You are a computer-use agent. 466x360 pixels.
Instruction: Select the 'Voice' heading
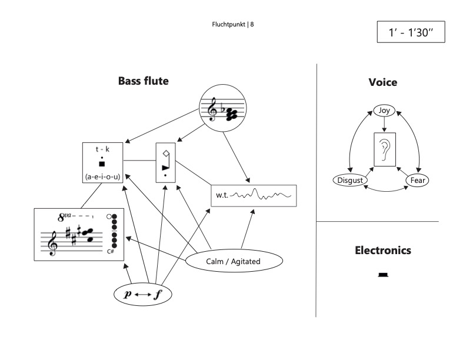click(383, 83)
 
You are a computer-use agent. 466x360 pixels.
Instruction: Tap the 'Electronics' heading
click(383, 251)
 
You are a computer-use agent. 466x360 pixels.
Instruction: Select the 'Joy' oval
click(384, 110)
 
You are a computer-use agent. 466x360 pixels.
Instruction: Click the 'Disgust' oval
click(349, 180)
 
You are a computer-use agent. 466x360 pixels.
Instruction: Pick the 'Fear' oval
click(417, 180)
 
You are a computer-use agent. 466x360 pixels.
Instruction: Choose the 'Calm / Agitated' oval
click(233, 262)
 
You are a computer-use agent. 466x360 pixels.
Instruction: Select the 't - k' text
click(103, 149)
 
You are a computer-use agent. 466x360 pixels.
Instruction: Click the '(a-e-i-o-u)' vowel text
click(103, 176)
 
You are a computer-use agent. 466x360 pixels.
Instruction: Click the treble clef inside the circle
click(214, 108)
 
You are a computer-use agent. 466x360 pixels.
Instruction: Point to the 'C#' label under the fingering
click(110, 252)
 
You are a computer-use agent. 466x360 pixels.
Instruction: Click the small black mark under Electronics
click(383, 274)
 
